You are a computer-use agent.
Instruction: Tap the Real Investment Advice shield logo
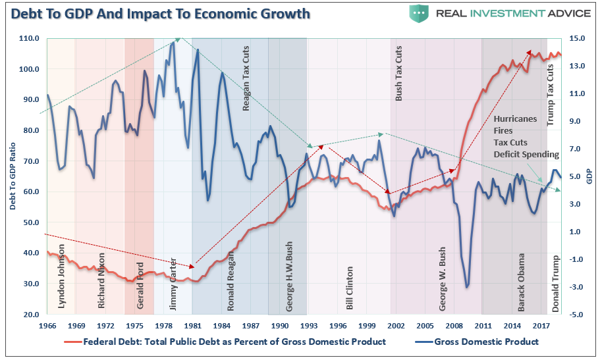point(420,13)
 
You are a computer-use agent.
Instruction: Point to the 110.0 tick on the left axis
point(30,39)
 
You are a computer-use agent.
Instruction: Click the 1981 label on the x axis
point(192,326)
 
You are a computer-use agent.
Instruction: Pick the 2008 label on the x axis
point(453,326)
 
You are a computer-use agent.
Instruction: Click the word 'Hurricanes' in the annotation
point(515,119)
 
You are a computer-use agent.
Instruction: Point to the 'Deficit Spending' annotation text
point(526,155)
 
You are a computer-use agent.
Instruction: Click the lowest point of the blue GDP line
point(467,287)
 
